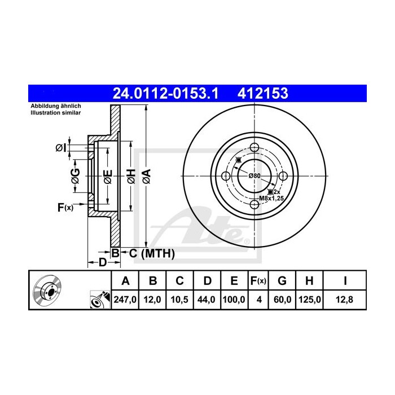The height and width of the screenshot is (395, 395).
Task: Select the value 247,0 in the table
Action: [126, 300]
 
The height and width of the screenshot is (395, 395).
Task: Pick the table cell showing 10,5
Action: [179, 300]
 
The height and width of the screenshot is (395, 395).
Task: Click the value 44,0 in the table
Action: [206, 300]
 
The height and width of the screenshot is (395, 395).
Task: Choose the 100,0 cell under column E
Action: [233, 300]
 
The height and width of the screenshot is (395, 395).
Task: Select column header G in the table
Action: [282, 280]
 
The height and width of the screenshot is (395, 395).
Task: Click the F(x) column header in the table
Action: [258, 280]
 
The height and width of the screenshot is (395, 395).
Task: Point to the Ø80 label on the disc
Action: [255, 176]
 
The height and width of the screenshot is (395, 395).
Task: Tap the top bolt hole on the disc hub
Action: [254, 148]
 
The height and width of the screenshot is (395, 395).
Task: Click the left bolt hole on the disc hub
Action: [226, 176]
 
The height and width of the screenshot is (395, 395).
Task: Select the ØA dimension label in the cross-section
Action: [146, 176]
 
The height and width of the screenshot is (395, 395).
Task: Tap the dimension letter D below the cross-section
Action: [102, 262]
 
